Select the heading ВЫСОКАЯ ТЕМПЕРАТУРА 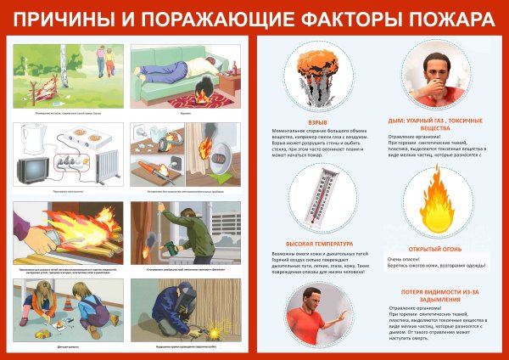[x=315, y=244]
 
